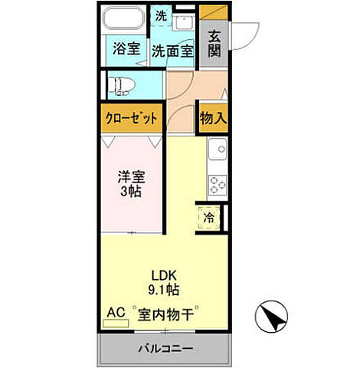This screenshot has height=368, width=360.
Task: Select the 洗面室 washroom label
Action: click(x=172, y=51)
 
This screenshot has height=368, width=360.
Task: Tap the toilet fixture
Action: click(x=123, y=83)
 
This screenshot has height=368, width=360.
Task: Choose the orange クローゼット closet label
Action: click(x=133, y=118)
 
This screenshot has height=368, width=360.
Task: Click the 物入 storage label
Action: click(x=212, y=118)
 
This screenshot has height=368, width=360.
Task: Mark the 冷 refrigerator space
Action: click(x=208, y=218)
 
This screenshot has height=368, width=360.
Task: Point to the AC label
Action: click(x=116, y=313)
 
